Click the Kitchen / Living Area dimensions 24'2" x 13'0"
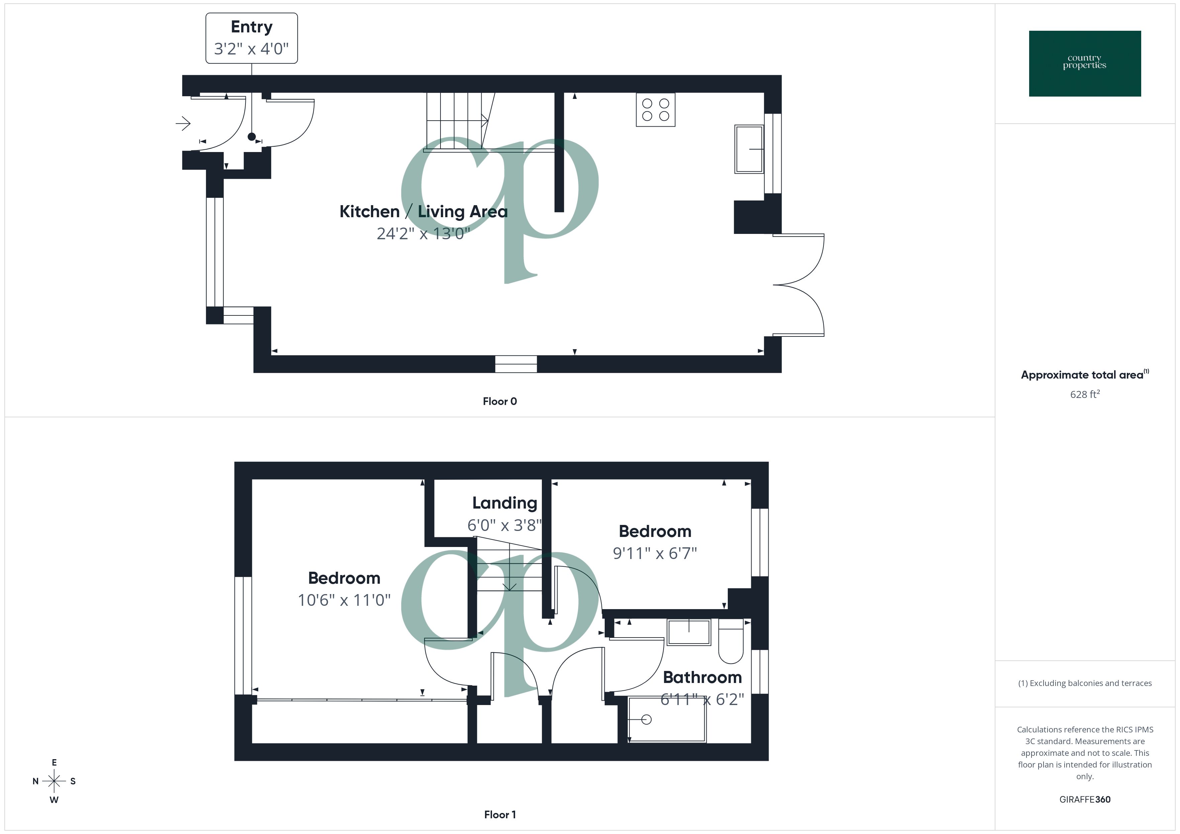click(x=423, y=234)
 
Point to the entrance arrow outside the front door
click(x=183, y=123)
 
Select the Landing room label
click(x=504, y=503)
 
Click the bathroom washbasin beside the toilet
click(x=689, y=632)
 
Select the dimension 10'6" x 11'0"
click(x=344, y=600)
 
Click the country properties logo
click(x=1084, y=64)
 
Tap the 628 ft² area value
click(x=1084, y=394)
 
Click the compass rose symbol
click(x=54, y=781)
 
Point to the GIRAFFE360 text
click(x=1084, y=800)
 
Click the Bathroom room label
click(x=702, y=677)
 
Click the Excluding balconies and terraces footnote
click(x=1084, y=683)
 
